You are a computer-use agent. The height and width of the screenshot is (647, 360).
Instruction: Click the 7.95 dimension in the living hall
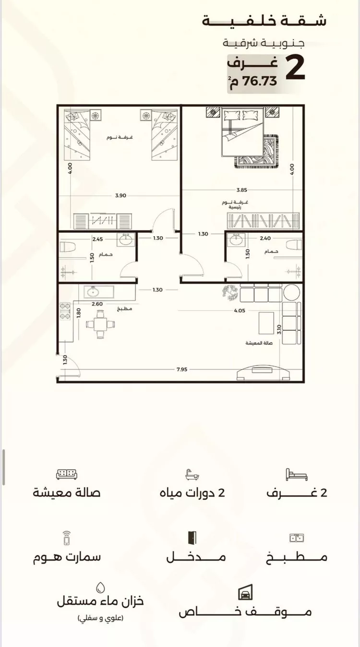182,369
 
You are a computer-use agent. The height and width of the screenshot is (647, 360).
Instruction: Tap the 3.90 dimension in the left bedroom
120,195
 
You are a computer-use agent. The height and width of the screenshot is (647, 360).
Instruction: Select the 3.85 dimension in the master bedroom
241,190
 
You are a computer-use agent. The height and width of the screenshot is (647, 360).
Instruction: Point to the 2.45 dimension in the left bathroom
97,239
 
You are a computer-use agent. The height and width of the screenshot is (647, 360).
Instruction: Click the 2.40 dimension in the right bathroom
265,238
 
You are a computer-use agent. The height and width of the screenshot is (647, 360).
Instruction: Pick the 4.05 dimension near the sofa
240,311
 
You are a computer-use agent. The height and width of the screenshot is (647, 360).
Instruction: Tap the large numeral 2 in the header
295,68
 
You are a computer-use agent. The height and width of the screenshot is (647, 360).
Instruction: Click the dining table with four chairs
100,324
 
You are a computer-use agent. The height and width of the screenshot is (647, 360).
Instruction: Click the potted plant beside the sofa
231,293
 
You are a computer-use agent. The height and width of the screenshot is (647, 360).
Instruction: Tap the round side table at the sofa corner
291,292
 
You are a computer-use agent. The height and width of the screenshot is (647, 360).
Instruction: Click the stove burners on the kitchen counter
64,312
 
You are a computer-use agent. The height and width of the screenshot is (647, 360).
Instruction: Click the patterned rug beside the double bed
257,151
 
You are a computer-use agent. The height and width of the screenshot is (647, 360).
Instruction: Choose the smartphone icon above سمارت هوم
67,538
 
